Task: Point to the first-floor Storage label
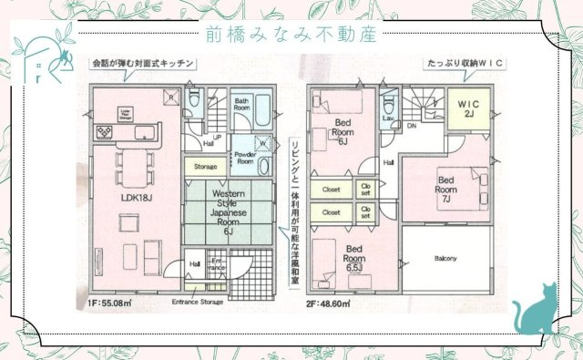[205, 168]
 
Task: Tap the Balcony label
[446, 258]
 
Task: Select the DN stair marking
[412, 126]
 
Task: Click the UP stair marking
[217, 138]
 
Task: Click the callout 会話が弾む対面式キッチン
[142, 64]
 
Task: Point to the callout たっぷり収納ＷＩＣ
[465, 64]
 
